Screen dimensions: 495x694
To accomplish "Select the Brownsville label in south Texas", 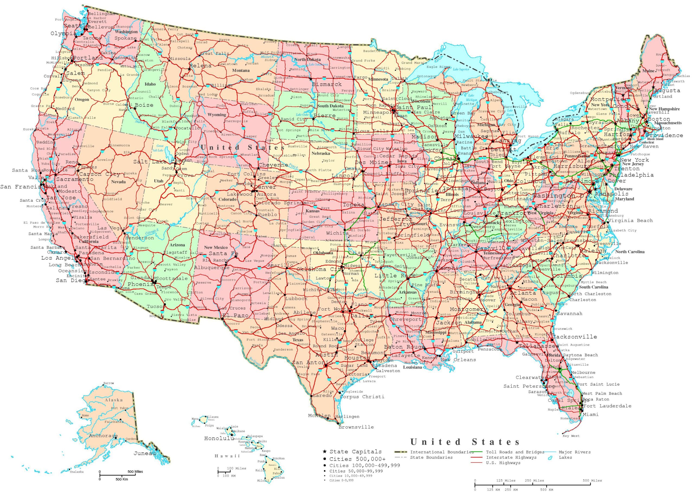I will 356,427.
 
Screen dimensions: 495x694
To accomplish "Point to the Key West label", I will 571,436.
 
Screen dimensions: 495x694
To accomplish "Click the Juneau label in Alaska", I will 144,453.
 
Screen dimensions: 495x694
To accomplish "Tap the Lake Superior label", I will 461,69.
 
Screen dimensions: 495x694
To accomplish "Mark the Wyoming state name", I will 217,115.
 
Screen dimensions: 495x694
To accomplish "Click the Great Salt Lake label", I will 160,148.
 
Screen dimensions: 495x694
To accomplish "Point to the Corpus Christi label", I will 362,396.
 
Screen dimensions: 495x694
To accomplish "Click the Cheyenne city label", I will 273,165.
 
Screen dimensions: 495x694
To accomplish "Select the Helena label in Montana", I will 200,66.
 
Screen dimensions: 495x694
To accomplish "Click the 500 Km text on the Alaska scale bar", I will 122,479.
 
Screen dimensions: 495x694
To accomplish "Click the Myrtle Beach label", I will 593,282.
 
